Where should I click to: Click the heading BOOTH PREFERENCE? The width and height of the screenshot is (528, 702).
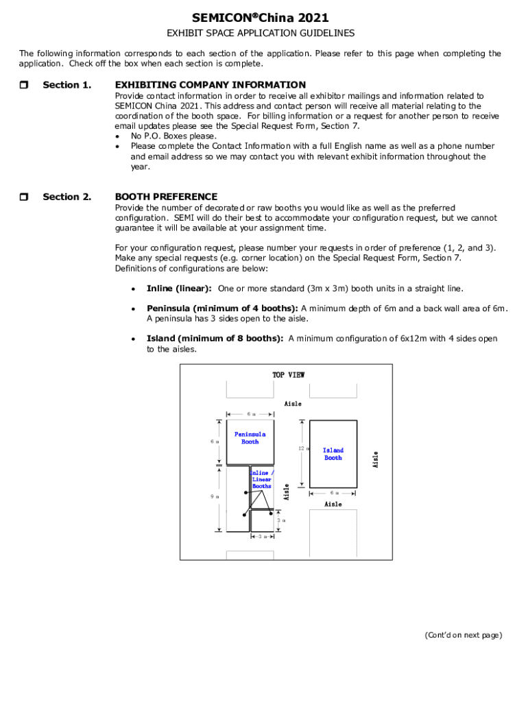tap(166, 197)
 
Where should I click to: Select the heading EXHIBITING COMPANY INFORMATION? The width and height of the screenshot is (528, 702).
tap(210, 85)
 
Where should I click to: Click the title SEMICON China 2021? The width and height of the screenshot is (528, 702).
tap(260, 18)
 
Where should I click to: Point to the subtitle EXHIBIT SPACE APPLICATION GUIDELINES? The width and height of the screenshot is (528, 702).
tap(261, 34)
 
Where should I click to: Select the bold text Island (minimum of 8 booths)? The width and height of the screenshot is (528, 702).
tap(215, 339)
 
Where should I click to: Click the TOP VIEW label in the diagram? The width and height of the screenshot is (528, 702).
tap(288, 375)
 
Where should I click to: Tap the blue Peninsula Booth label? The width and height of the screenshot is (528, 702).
tap(250, 438)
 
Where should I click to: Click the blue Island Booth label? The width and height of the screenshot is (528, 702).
tap(333, 454)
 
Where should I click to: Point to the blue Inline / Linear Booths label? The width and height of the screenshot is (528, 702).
tap(262, 479)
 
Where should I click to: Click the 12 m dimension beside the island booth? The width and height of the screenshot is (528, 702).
tap(301, 449)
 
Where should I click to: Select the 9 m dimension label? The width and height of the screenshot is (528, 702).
tap(215, 496)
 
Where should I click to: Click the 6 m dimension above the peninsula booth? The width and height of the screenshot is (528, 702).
tap(250, 414)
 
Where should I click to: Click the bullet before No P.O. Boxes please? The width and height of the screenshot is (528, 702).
tap(117, 136)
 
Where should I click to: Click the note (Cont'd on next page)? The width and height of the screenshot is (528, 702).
tap(463, 635)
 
